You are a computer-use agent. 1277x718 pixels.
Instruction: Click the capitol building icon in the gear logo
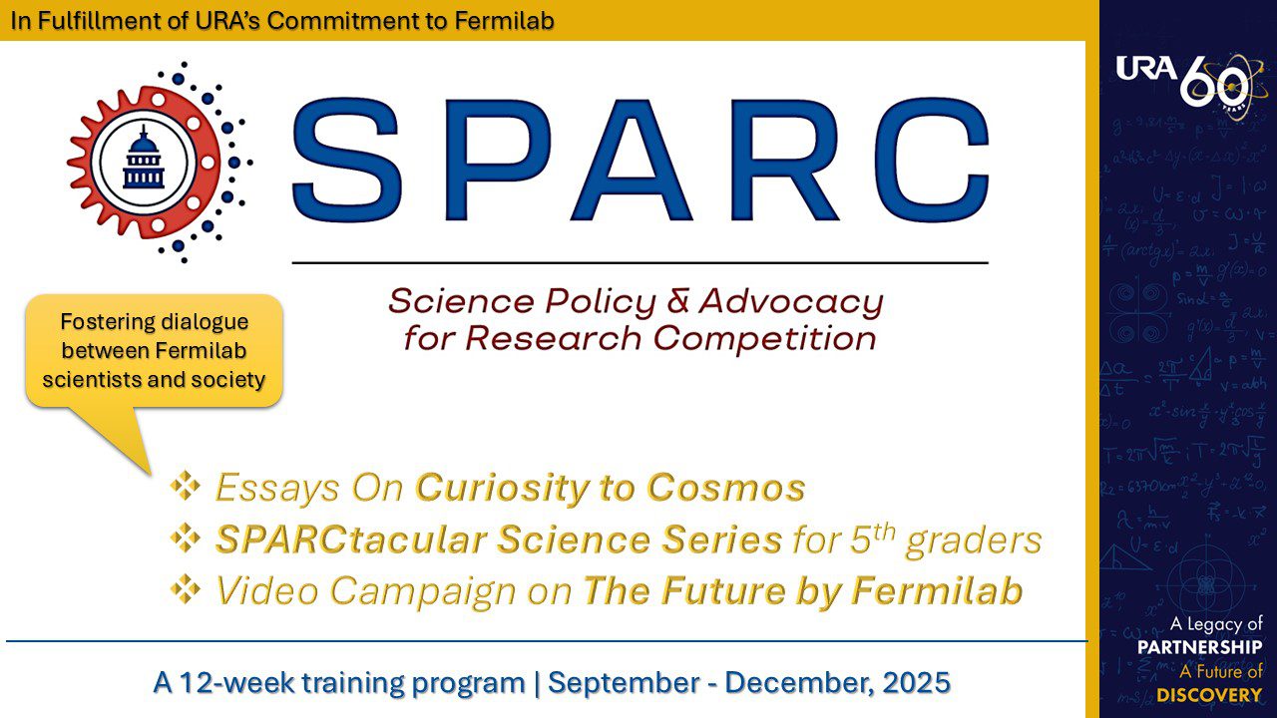pyautogui.click(x=143, y=160)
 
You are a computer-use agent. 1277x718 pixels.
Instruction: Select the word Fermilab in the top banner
pyautogui.click(x=506, y=20)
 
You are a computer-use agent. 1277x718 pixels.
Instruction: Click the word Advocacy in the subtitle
pyautogui.click(x=790, y=300)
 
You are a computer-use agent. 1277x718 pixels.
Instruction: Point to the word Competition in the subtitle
pyautogui.click(x=764, y=338)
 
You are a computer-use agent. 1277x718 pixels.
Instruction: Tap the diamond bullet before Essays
pyautogui.click(x=186, y=487)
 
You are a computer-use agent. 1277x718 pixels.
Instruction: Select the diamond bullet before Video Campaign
pyautogui.click(x=186, y=590)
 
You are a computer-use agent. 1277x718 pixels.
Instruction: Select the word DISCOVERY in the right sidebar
pyautogui.click(x=1209, y=694)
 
